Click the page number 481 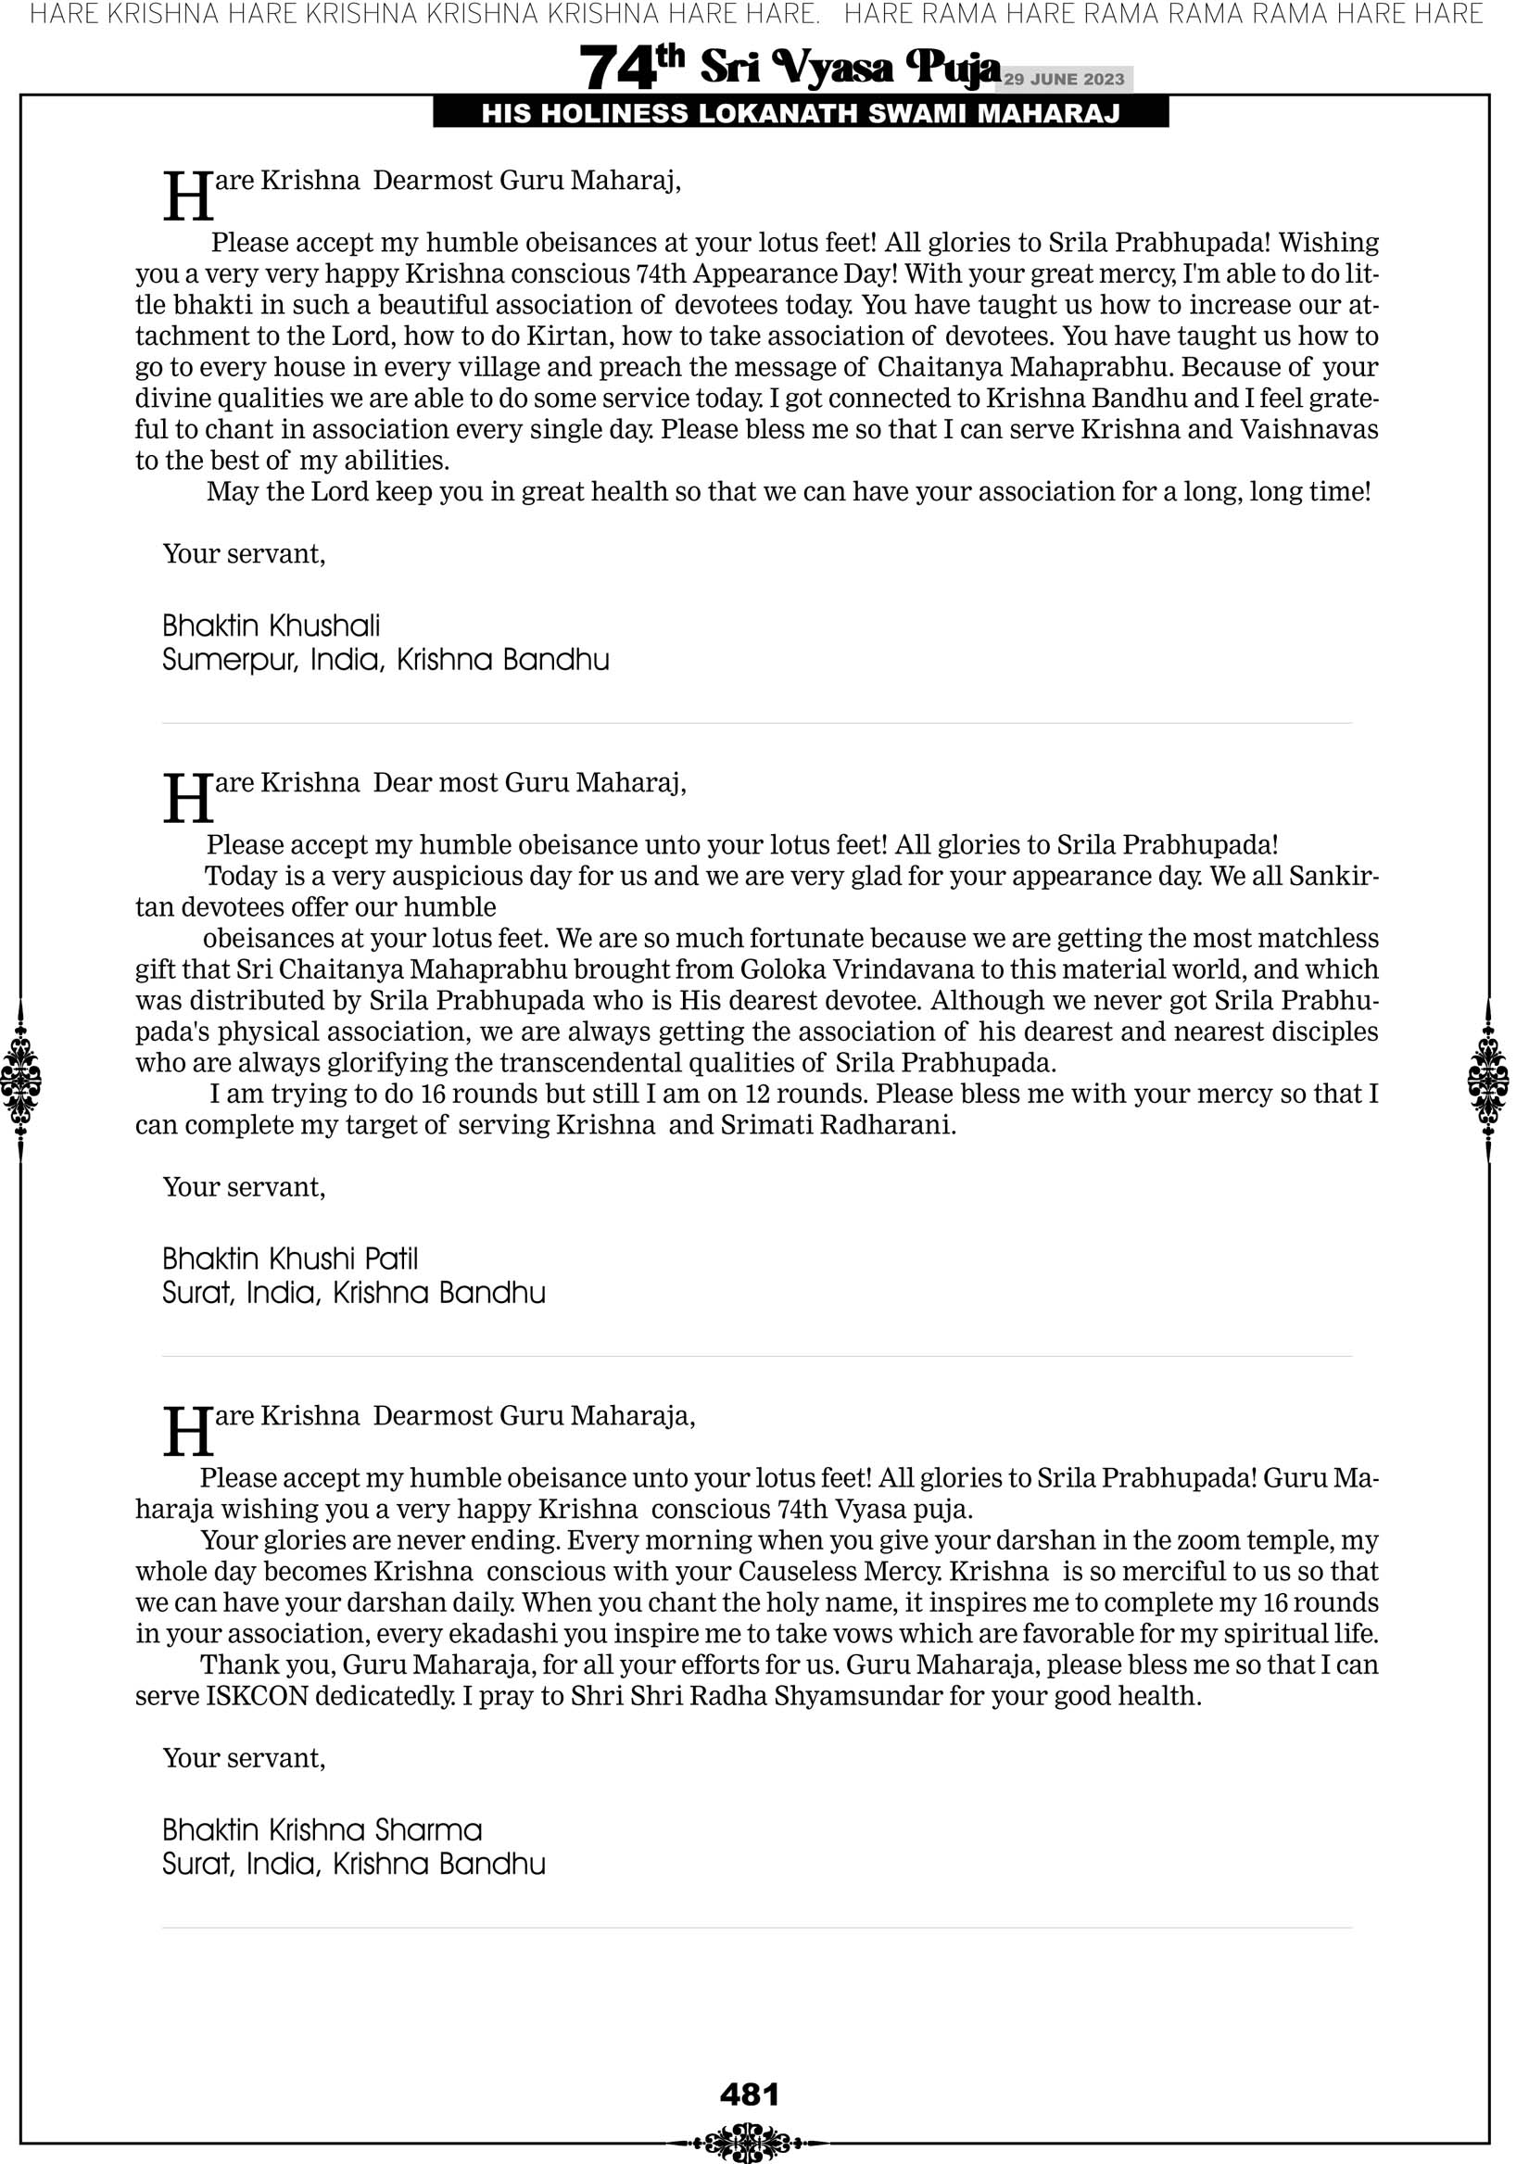[x=750, y=2094]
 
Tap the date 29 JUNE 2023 [x=1063, y=79]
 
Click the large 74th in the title [x=631, y=67]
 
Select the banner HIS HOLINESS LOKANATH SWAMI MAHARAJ [x=801, y=114]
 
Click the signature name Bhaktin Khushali [x=271, y=626]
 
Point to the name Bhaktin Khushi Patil [x=289, y=1259]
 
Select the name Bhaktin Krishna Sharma [x=322, y=1830]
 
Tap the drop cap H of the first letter [x=187, y=197]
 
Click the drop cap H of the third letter [x=187, y=1433]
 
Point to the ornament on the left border [x=20, y=1080]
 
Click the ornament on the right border [x=1488, y=1080]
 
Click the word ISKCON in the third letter [x=257, y=1697]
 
